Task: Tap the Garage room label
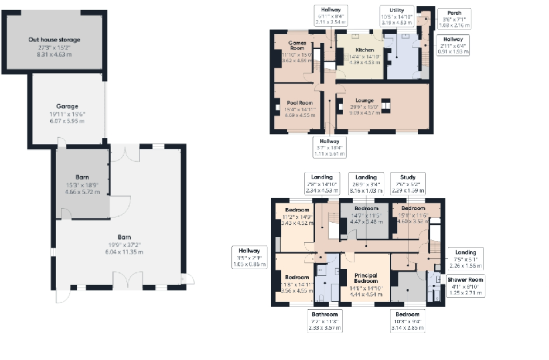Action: pyautogui.click(x=67, y=106)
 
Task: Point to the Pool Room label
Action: pyautogui.click(x=295, y=103)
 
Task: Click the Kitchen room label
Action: pyautogui.click(x=364, y=50)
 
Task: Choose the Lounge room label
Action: pyautogui.click(x=364, y=100)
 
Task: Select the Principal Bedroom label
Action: pyautogui.click(x=365, y=280)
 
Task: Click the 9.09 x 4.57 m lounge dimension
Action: pyautogui.click(x=364, y=112)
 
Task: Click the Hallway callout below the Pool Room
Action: pyautogui.click(x=329, y=142)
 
